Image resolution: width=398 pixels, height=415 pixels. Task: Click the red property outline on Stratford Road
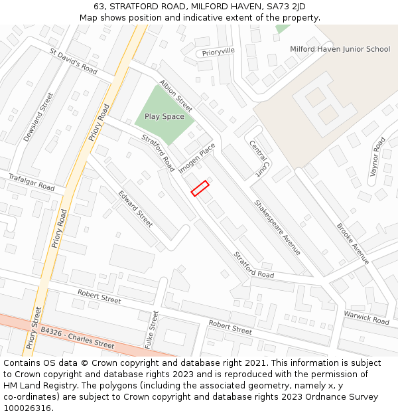[200, 189]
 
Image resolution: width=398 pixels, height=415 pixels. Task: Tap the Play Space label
[165, 117]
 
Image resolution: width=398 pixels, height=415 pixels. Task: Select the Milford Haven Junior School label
[340, 49]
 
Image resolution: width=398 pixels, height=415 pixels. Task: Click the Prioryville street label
[219, 51]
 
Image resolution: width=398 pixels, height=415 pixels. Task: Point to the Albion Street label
[176, 96]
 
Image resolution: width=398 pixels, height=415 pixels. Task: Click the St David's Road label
[74, 62]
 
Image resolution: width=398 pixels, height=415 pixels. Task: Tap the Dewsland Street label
[37, 117]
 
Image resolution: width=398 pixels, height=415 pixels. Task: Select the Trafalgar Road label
[31, 183]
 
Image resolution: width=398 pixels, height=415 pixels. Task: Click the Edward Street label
[135, 208]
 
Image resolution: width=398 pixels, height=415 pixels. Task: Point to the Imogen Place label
[197, 158]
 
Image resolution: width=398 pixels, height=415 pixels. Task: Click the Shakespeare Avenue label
[278, 226]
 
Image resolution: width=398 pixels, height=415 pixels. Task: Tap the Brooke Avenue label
[352, 243]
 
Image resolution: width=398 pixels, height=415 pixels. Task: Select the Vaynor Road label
[378, 155]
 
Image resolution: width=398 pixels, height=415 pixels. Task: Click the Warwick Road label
[366, 317]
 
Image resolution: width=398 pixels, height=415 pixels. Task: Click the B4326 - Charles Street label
[77, 337]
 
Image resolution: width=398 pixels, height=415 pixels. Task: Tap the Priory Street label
[34, 328]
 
